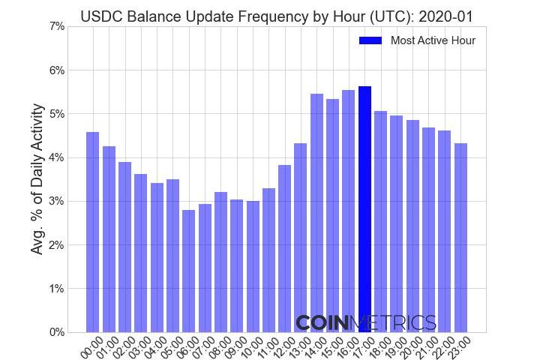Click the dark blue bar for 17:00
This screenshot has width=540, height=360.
[364, 209]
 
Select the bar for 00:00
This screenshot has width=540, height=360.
[93, 232]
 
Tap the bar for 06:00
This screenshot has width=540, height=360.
[188, 271]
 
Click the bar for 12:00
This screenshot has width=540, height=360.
[285, 248]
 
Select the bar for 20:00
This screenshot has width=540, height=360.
[412, 226]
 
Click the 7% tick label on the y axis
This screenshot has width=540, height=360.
[56, 27]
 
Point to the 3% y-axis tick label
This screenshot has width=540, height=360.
[56, 202]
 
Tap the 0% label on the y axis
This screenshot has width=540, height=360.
[56, 332]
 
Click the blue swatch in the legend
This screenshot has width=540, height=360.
[370, 40]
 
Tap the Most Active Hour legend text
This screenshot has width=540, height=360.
[433, 40]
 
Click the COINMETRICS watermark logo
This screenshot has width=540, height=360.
[365, 323]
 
